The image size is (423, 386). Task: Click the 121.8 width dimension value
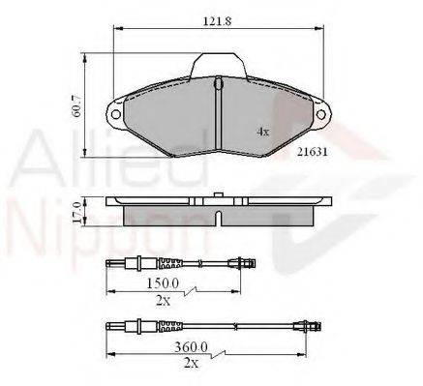click(x=218, y=21)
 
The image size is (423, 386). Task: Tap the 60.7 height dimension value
click(x=78, y=106)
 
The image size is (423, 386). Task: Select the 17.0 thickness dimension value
click(x=76, y=212)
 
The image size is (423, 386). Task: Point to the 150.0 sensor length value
click(x=163, y=283)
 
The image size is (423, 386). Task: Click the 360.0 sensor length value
click(x=191, y=347)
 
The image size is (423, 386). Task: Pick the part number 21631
click(x=313, y=152)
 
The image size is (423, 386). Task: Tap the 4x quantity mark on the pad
click(x=262, y=132)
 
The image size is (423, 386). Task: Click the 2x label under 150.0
click(x=163, y=301)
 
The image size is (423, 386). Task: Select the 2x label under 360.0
click(x=191, y=364)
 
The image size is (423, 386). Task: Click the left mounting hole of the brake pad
click(x=115, y=114)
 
